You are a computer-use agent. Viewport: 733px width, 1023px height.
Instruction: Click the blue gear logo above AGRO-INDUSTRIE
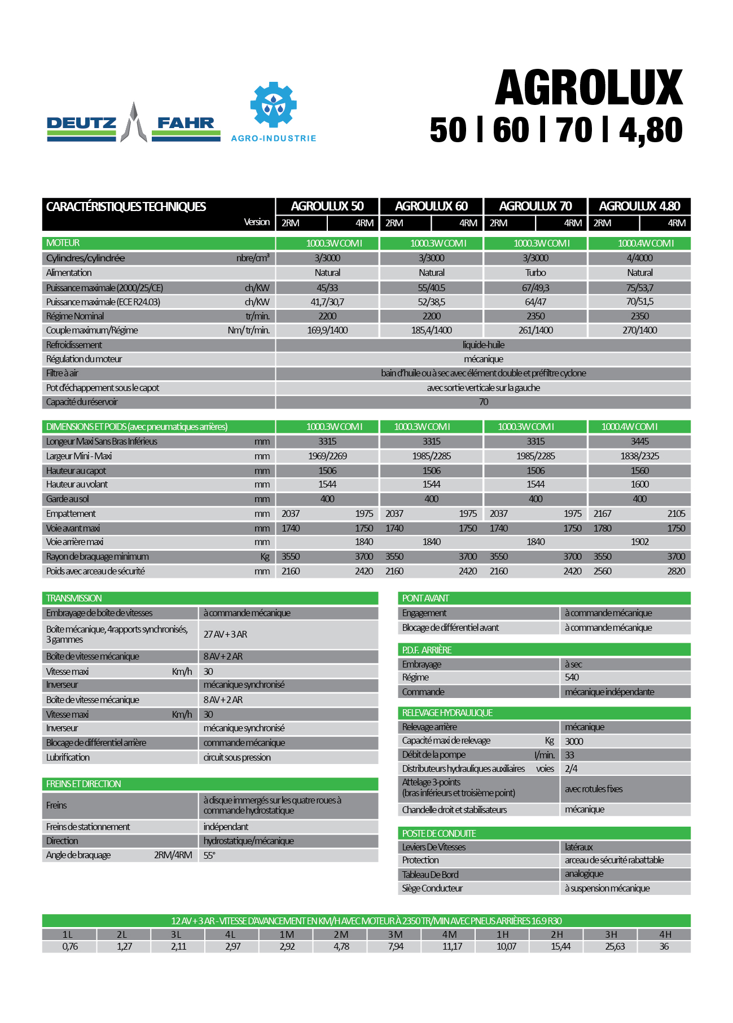(x=273, y=105)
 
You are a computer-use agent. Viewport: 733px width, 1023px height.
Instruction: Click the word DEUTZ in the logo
(x=81, y=123)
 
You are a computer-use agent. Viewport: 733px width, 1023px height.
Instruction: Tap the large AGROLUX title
(x=589, y=89)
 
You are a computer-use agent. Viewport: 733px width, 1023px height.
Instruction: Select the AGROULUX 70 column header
(x=535, y=207)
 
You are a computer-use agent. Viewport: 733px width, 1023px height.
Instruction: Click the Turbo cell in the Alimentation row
(x=535, y=273)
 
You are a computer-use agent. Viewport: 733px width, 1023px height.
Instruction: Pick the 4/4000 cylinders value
(x=639, y=258)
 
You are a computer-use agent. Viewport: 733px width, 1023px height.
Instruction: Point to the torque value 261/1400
(x=535, y=331)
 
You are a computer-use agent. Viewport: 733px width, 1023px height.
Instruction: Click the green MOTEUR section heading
(x=63, y=243)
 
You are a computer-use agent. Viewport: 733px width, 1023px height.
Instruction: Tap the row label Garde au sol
(x=68, y=499)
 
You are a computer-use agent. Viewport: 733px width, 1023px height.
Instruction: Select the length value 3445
(x=639, y=442)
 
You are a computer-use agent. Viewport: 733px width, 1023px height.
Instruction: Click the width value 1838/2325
(x=639, y=456)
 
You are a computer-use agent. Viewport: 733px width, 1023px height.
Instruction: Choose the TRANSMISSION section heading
(x=74, y=599)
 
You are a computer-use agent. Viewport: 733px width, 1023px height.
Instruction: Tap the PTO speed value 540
(x=572, y=678)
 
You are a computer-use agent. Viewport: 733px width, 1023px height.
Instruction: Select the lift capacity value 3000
(x=574, y=741)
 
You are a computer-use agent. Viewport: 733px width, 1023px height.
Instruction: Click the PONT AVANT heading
(x=425, y=599)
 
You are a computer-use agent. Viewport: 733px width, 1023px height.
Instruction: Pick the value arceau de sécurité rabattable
(x=614, y=860)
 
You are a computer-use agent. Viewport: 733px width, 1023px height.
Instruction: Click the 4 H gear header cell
(x=665, y=935)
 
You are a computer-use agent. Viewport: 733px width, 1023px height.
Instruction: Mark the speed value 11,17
(x=452, y=947)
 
